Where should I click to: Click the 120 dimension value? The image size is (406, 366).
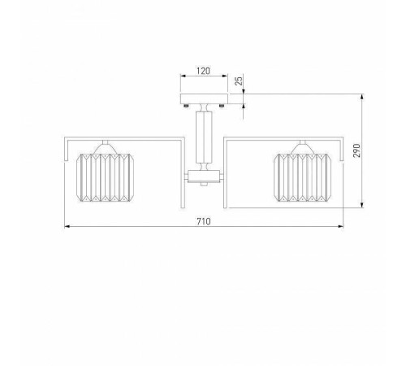click(x=203, y=71)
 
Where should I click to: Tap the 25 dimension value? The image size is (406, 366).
click(x=240, y=81)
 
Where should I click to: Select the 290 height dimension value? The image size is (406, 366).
click(x=357, y=150)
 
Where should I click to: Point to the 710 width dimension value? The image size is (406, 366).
click(x=203, y=221)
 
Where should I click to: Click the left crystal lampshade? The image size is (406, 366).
click(x=106, y=177)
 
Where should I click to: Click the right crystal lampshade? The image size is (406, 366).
click(x=302, y=177)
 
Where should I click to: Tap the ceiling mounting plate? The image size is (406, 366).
click(x=204, y=98)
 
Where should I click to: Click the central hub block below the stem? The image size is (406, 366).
click(x=204, y=176)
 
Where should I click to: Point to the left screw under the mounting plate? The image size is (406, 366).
click(x=186, y=106)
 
